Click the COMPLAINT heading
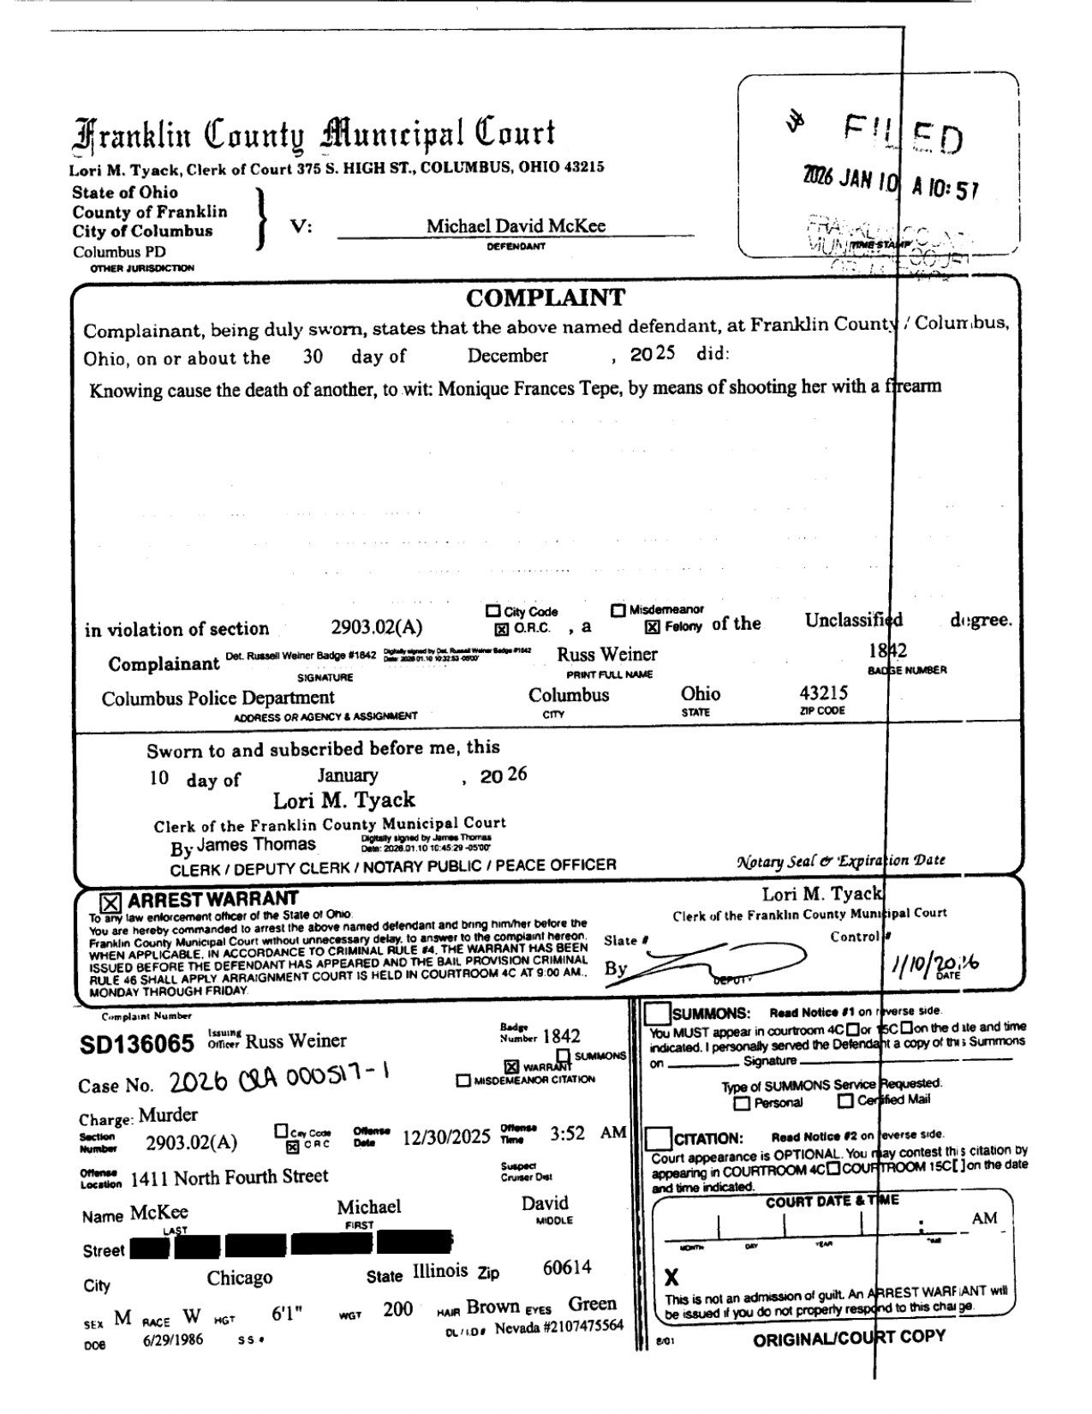[x=546, y=299]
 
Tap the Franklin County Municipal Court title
[x=313, y=135]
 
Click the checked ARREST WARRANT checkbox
[x=110, y=902]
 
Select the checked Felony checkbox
[x=653, y=627]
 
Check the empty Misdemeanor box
[x=618, y=610]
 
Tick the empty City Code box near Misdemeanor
[x=492, y=611]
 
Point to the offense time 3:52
[x=567, y=1134]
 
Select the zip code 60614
[x=567, y=1267]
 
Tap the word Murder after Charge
[x=168, y=1115]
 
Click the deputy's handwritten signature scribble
[x=719, y=960]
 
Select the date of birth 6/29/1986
[x=173, y=1340]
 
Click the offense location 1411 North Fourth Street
[x=229, y=1177]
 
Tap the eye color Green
[x=592, y=1304]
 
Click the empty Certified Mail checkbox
[x=845, y=1101]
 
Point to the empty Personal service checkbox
[x=743, y=1103]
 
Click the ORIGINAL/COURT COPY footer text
[x=849, y=1338]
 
